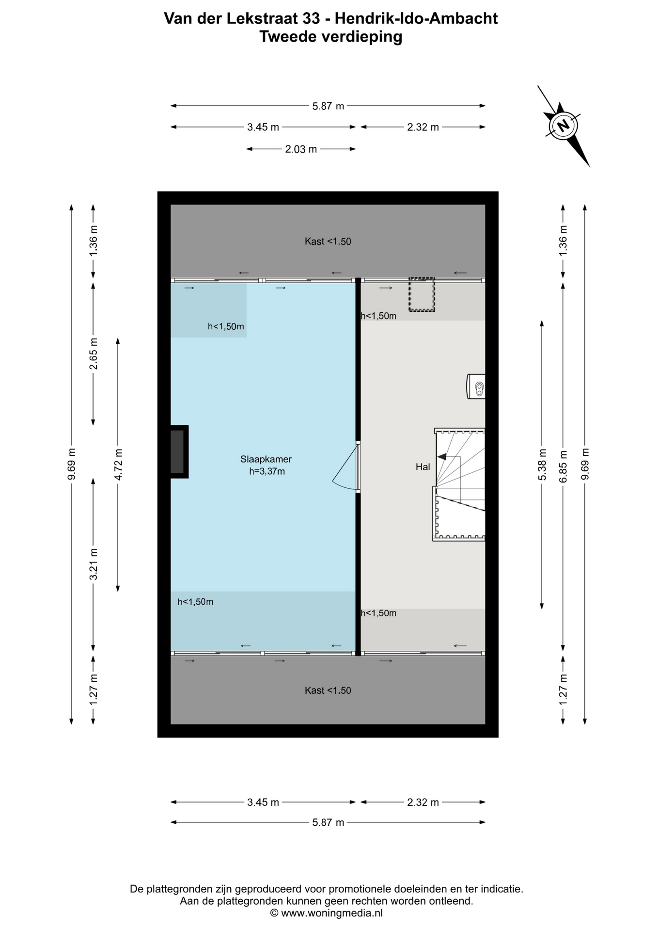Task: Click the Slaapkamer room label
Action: point(266,459)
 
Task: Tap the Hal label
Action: point(423,467)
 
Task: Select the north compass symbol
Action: point(563,126)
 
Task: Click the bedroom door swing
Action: point(345,469)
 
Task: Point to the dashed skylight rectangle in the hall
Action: point(422,294)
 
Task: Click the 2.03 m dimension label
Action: point(300,149)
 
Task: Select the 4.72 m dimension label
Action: point(118,464)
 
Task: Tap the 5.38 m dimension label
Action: point(542,464)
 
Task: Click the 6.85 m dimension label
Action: point(563,466)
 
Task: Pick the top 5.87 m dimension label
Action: point(328,106)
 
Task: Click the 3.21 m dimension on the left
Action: point(94,564)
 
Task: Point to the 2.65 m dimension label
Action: point(94,353)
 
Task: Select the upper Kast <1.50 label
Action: point(328,241)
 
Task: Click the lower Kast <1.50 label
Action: point(328,690)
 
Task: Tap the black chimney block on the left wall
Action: point(177,452)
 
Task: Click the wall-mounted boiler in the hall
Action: point(477,386)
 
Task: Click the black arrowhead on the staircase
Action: point(441,456)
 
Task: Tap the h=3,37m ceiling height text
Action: point(267,471)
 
